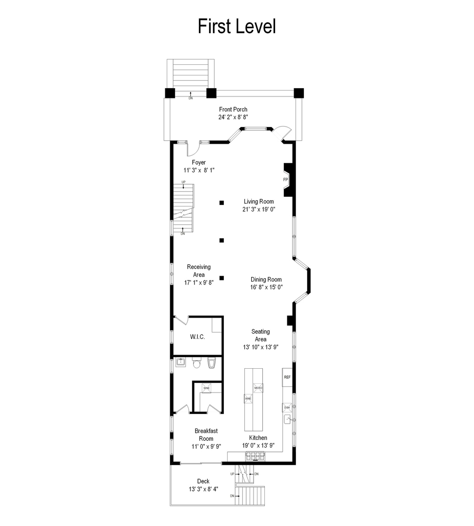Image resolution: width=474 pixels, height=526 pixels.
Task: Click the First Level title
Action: (x=237, y=26)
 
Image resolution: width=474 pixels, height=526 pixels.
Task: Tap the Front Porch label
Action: (x=233, y=110)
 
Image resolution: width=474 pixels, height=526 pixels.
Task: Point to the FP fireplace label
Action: (x=286, y=180)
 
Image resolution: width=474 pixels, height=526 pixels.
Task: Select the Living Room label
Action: (x=259, y=201)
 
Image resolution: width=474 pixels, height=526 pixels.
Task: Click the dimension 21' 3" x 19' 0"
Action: (x=259, y=209)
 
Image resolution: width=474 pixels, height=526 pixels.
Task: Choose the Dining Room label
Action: (x=266, y=280)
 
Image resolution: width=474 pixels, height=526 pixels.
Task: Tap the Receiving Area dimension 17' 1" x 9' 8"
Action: (x=198, y=282)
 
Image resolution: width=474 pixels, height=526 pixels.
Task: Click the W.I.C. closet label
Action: (x=197, y=337)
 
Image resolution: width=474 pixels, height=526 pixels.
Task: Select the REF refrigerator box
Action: (x=287, y=377)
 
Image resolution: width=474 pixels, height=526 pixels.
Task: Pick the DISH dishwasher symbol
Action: (x=287, y=407)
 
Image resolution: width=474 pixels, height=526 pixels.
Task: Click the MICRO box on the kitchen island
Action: (x=258, y=388)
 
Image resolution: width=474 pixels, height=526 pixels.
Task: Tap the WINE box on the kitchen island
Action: (x=248, y=398)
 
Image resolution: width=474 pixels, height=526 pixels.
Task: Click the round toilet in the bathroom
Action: (x=197, y=363)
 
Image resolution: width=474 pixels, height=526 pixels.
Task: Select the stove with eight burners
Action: (x=254, y=456)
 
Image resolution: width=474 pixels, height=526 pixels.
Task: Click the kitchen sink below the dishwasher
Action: (x=287, y=419)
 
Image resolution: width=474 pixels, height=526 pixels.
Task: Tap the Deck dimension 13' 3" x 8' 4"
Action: (x=203, y=489)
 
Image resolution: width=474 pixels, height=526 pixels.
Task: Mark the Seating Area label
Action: (x=260, y=336)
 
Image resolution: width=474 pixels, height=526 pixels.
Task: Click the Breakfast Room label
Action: (x=206, y=435)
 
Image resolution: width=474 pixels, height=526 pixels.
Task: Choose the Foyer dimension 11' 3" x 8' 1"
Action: (x=199, y=170)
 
